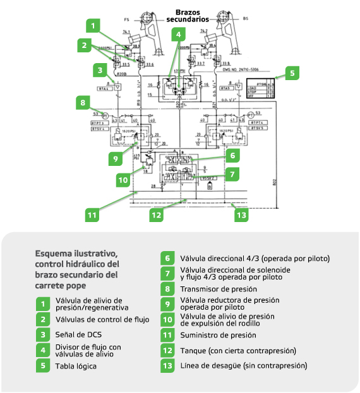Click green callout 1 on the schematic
(x=93, y=26)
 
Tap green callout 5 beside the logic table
(x=292, y=73)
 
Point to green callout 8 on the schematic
(x=82, y=101)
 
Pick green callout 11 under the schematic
(x=92, y=214)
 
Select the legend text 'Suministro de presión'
(x=219, y=335)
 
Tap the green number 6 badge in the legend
(x=167, y=258)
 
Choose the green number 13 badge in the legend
(x=167, y=365)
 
